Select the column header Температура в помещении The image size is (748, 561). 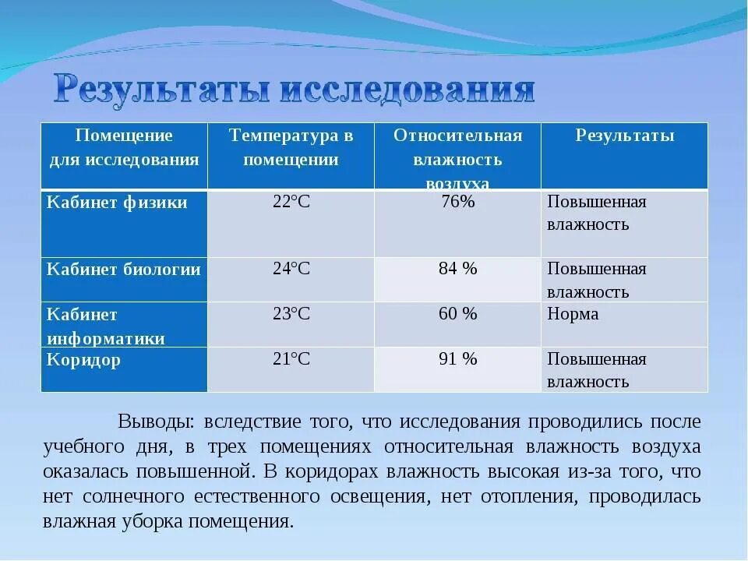[291, 147]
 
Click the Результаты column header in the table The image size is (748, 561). [625, 136]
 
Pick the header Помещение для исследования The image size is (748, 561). [124, 147]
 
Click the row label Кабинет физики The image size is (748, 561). [117, 203]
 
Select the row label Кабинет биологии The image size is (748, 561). [123, 270]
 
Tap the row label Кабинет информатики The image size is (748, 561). [106, 326]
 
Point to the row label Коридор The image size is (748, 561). [83, 360]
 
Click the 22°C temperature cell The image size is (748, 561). [291, 203]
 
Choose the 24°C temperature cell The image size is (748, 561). [291, 270]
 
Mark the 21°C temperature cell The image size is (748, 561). [291, 359]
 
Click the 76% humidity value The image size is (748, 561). [457, 203]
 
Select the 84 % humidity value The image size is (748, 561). [457, 270]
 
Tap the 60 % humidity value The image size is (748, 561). [457, 314]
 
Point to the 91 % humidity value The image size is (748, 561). [457, 359]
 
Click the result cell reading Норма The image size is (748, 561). [573, 314]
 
